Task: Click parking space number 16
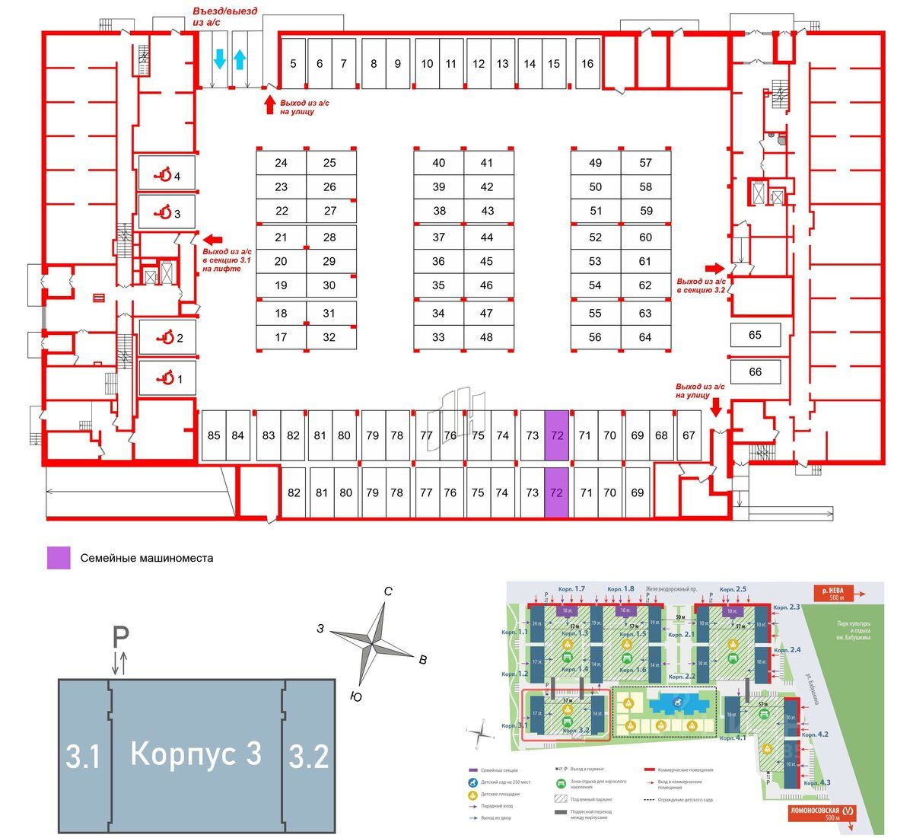tap(587, 64)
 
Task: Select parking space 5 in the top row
tap(293, 64)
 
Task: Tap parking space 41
tap(487, 163)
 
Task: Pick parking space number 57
tap(646, 163)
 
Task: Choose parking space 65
tap(755, 335)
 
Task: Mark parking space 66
tap(755, 372)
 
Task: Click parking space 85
tap(214, 435)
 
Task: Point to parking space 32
tap(329, 337)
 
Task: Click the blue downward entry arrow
tap(219, 59)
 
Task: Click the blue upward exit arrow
tap(240, 59)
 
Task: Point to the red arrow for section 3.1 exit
tap(212, 238)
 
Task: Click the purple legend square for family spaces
tap(59, 558)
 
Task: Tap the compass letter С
tap(387, 591)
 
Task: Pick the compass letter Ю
tap(355, 696)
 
